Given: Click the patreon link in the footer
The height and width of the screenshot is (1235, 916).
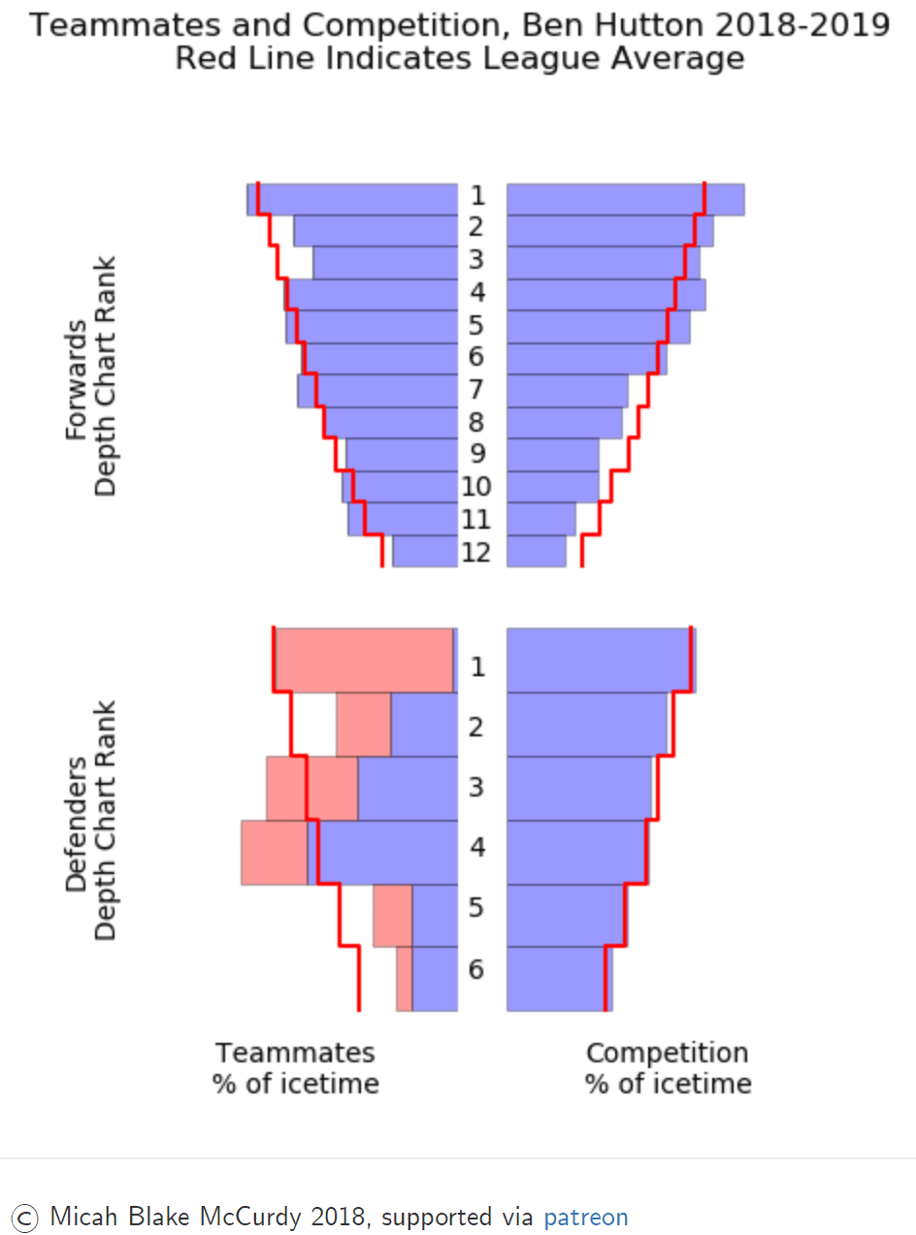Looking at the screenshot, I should pos(585,1217).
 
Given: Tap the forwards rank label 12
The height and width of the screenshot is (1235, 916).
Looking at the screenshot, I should pos(476,552).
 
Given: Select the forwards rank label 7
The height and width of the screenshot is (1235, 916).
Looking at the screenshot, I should pos(475,390).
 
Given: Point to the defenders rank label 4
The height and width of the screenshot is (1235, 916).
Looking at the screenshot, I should pos(475,847).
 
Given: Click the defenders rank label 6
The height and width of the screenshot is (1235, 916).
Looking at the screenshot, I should pos(475,968).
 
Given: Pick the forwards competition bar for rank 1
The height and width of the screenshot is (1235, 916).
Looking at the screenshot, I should pos(625,199).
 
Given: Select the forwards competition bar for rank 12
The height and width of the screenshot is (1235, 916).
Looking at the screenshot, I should pos(537,551).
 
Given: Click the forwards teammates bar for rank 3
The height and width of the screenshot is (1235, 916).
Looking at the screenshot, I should pos(384,263).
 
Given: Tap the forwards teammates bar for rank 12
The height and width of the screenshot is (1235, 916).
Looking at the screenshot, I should pos(424,551).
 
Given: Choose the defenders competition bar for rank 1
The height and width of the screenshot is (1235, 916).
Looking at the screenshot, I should pos(601,660).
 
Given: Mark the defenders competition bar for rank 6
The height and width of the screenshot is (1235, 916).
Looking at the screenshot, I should pos(559,979).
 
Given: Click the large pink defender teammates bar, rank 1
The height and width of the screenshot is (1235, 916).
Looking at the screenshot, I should pos(364,660).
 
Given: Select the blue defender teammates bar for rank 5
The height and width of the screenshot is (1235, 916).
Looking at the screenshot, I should pos(435,916).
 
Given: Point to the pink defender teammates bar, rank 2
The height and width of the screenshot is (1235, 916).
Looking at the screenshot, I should pos(363,725).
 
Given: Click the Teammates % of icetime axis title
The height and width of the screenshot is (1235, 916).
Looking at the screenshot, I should pos(295,1067).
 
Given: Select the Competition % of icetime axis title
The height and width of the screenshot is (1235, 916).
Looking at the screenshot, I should pos(668,1067).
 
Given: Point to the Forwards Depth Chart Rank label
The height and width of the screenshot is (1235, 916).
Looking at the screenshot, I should pos(90,375).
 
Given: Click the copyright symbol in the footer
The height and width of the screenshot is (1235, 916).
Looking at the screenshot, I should pos(26,1217).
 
